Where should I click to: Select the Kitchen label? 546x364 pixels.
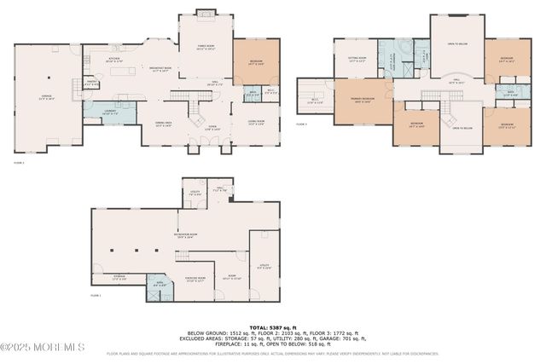114,61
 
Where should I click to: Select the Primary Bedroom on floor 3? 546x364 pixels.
363,101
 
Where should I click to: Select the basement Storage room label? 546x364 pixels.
119,279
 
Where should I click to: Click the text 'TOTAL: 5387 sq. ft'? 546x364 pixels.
272,326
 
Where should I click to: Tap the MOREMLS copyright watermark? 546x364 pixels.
43,347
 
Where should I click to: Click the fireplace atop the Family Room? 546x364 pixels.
205,12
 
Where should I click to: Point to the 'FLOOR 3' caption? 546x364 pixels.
301,124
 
